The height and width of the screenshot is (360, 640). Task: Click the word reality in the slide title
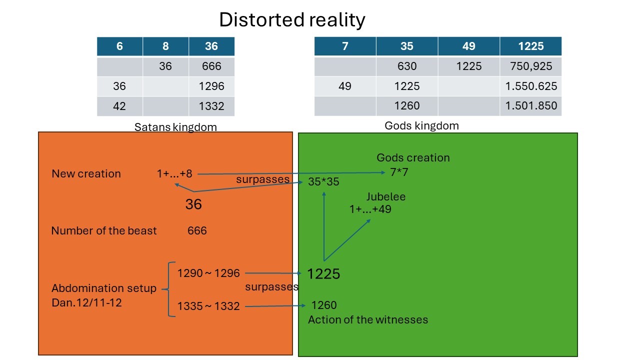click(337, 20)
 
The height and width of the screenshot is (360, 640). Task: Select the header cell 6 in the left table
click(119, 46)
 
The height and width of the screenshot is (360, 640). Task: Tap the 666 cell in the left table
click(211, 66)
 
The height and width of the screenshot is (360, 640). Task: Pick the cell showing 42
click(119, 106)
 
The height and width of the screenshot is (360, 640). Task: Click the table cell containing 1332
click(211, 106)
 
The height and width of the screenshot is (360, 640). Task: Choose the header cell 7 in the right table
click(345, 46)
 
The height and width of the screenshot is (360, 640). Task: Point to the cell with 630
click(407, 66)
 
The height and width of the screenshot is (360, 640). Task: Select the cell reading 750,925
click(531, 66)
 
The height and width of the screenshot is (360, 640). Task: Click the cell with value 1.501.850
click(531, 106)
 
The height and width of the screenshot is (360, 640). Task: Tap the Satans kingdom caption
click(175, 127)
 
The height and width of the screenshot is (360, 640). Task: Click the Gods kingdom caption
click(421, 125)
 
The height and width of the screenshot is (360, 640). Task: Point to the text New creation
click(86, 173)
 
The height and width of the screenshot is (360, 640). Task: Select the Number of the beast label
click(104, 230)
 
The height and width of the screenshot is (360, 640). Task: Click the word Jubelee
click(385, 196)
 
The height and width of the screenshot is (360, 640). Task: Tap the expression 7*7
click(399, 172)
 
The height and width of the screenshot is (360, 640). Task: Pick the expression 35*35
click(323, 181)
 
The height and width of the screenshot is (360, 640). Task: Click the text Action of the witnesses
click(368, 319)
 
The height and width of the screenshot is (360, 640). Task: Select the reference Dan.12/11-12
click(86, 302)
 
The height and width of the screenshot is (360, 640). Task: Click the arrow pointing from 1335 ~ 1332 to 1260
click(275, 306)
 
